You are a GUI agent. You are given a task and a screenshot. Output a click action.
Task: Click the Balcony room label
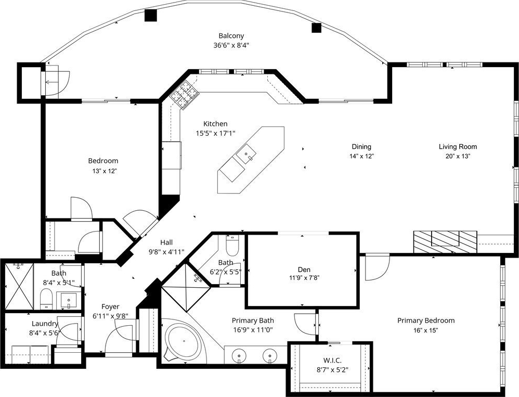[x=231, y=36]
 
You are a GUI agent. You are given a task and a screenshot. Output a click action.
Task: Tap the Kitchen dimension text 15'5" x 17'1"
[x=215, y=133]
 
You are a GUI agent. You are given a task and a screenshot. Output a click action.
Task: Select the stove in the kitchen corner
[x=185, y=95]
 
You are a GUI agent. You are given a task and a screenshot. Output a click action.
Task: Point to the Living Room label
[x=458, y=147]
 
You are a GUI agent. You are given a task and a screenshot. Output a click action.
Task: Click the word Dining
[x=361, y=147]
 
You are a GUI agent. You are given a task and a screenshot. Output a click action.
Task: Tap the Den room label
[x=304, y=270]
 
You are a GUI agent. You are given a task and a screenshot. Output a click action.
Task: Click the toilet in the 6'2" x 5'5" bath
[x=231, y=245]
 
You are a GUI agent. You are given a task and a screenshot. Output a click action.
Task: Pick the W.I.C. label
[x=332, y=360]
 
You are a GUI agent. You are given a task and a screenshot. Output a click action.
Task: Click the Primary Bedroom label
[x=426, y=321]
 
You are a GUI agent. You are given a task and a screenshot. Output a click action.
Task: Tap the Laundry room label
[x=45, y=324]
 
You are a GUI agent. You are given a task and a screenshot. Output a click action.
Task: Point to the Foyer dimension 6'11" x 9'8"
[x=110, y=315]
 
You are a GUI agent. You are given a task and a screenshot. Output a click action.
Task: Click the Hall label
[x=166, y=242]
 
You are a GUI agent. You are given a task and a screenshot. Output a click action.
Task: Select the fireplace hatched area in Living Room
[x=445, y=242]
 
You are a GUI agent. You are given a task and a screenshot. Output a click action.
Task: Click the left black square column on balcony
[x=151, y=15]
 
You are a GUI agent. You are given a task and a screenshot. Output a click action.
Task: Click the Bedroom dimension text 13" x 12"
[x=104, y=171]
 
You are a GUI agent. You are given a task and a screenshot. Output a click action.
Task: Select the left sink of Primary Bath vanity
[x=239, y=356]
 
